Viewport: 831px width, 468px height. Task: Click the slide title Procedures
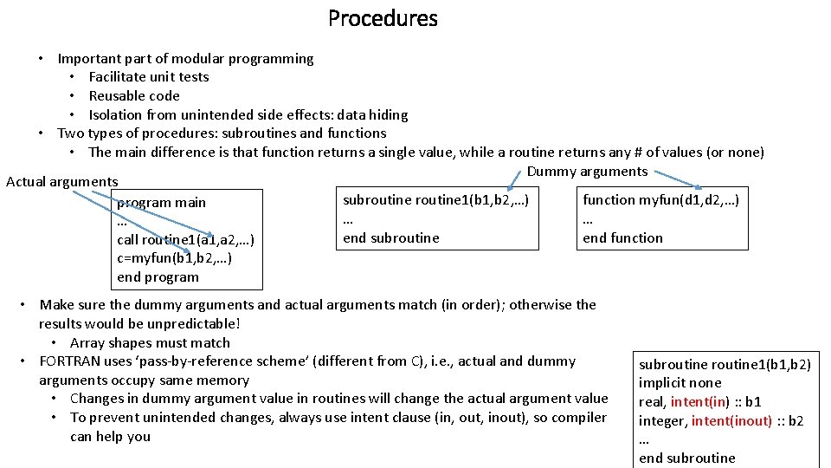(x=383, y=18)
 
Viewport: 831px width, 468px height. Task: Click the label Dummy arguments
(x=586, y=171)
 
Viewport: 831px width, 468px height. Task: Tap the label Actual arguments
(x=61, y=181)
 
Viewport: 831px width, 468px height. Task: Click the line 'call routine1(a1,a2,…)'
(x=184, y=239)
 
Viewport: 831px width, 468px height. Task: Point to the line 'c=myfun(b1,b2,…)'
(x=173, y=258)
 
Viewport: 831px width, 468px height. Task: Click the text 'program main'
(x=161, y=202)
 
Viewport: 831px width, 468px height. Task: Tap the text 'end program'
(x=158, y=277)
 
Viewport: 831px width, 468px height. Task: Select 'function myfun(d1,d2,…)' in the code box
(x=660, y=200)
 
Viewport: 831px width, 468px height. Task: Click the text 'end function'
(x=622, y=237)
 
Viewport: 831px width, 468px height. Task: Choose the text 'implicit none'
(x=680, y=383)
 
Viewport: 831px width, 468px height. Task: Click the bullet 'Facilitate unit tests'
(x=149, y=77)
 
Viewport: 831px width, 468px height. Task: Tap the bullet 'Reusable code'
(x=134, y=96)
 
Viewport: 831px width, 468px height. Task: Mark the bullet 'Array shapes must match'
(x=150, y=343)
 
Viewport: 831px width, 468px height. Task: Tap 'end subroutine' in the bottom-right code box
(x=686, y=458)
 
